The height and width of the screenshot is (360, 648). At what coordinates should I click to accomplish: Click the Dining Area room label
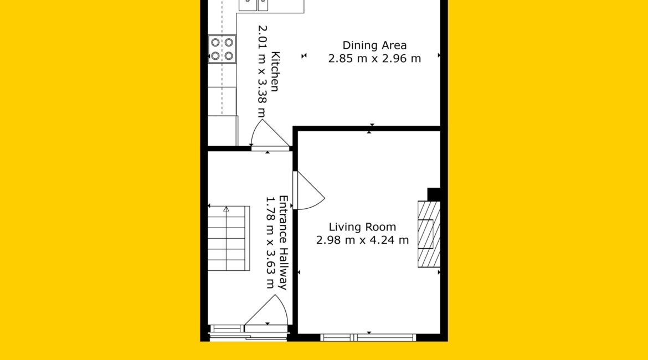[374, 45]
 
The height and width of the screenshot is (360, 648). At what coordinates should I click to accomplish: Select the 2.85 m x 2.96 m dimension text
[374, 59]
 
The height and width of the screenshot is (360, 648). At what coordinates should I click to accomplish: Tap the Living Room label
[362, 227]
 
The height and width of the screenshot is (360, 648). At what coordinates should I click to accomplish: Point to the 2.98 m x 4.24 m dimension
[362, 240]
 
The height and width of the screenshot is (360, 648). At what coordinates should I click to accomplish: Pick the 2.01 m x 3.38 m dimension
[263, 71]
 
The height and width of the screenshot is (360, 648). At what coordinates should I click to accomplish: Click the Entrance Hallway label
[283, 243]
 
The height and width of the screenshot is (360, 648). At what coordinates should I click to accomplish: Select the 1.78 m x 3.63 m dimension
[270, 242]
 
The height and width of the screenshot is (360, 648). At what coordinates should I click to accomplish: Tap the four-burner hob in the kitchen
[222, 49]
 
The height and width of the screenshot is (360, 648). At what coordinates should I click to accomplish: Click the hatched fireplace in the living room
[429, 234]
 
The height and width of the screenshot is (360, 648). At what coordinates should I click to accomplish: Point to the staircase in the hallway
[229, 238]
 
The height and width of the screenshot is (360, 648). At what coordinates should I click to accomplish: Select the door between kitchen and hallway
[270, 135]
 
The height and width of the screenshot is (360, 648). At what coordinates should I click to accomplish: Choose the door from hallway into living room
[308, 191]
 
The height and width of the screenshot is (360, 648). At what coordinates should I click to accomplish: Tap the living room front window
[368, 338]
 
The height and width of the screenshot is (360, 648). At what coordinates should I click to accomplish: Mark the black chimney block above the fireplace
[434, 194]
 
